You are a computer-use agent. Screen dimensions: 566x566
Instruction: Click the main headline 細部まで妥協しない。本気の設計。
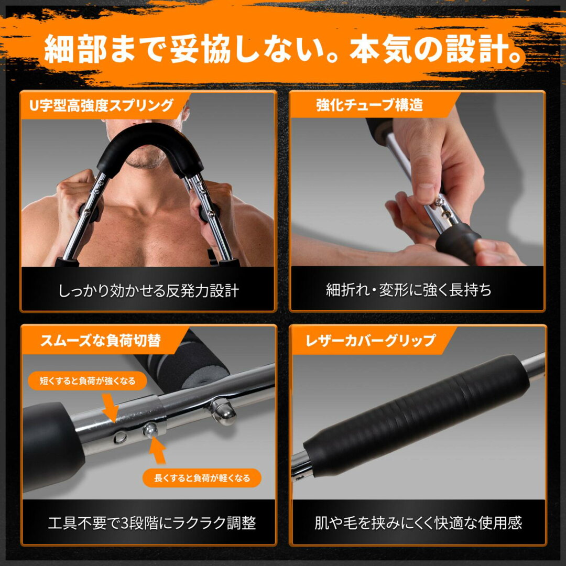[284, 49]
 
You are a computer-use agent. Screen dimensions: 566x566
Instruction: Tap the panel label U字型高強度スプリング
[102, 105]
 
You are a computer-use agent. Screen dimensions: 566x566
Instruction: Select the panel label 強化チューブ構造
[369, 105]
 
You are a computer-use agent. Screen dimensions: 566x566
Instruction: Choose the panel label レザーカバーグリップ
[371, 340]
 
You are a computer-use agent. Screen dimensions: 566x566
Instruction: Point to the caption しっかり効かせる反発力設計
[149, 290]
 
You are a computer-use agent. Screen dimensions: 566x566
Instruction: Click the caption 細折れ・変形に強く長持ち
[409, 289]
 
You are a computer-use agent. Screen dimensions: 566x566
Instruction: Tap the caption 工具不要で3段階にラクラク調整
[152, 523]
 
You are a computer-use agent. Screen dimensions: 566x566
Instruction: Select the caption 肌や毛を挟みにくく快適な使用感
[418, 523]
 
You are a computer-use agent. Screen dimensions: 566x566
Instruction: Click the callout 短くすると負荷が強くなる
[88, 381]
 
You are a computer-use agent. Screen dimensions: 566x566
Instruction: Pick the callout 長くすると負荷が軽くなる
[202, 478]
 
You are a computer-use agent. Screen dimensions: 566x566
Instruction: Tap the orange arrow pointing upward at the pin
[158, 451]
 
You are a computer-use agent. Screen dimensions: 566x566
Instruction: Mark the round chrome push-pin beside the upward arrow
[150, 431]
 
